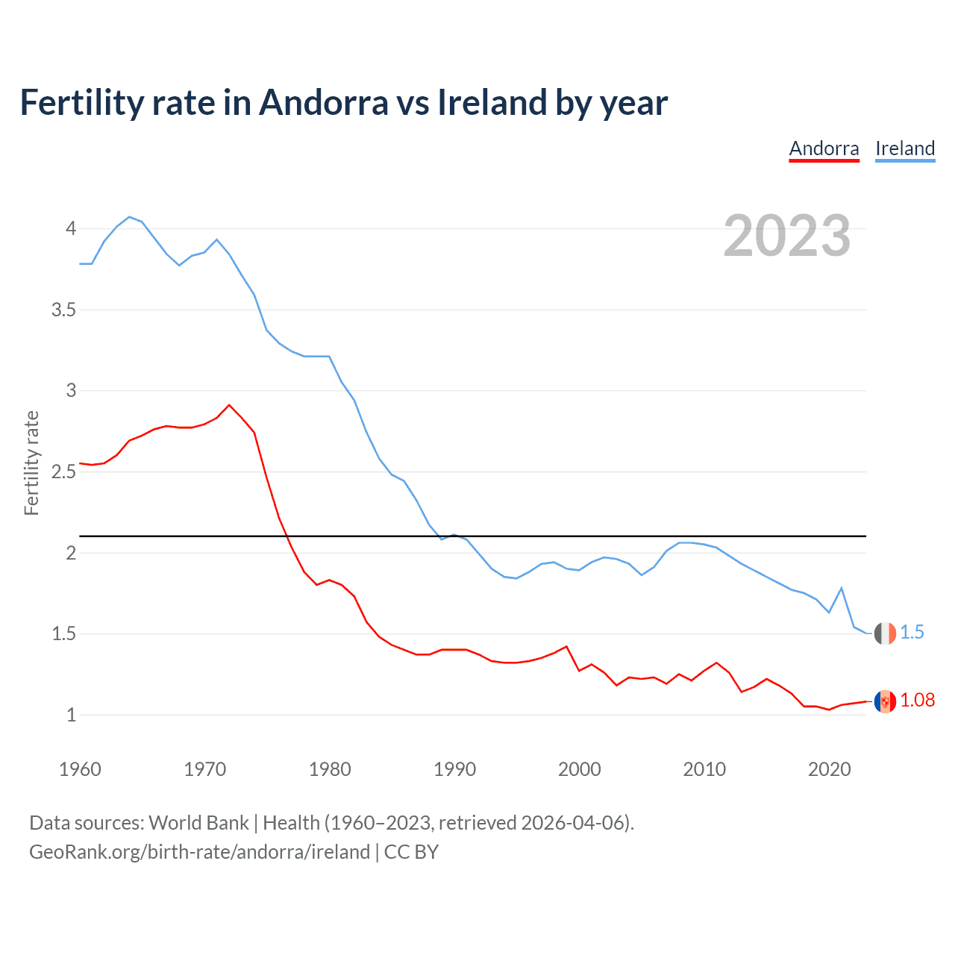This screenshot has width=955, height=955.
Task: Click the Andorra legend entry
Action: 824,148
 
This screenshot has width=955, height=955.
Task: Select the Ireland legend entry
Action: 905,148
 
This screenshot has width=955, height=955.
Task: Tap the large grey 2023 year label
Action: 786,236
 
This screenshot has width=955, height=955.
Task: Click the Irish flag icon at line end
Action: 885,633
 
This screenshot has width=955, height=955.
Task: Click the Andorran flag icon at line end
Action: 885,701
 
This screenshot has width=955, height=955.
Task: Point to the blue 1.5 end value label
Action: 912,632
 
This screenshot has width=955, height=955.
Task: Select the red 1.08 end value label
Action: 917,700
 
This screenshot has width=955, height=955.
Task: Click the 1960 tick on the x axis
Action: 80,769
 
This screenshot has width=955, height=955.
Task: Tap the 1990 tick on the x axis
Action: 454,769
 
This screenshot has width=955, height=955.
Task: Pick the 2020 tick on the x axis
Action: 829,769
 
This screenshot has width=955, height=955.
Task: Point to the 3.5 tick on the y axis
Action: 64,310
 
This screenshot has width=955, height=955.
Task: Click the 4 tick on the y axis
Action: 71,228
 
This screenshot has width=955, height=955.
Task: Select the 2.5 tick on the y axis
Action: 64,472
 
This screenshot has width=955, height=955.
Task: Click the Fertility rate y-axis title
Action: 31,463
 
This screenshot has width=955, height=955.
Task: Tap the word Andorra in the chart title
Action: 323,103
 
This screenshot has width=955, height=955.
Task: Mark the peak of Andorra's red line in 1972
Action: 229,405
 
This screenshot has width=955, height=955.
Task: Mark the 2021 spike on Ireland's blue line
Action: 842,588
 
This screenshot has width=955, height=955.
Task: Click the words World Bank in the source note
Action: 198,823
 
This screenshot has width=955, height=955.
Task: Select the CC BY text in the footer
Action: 411,852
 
